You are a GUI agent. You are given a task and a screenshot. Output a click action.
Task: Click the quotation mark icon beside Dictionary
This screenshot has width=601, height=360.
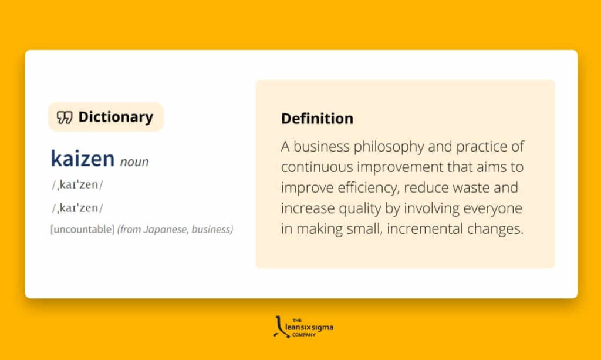(x=65, y=117)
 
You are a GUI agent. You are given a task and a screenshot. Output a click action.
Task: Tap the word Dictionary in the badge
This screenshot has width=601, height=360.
(x=116, y=117)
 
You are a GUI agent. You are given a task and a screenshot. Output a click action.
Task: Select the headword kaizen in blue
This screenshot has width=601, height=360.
(x=82, y=158)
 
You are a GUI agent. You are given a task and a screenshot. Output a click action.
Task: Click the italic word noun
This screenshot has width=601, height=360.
(x=134, y=162)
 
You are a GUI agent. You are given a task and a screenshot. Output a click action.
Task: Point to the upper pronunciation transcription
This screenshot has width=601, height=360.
(x=77, y=185)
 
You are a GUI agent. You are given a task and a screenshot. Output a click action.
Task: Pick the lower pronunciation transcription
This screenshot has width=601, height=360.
(x=77, y=208)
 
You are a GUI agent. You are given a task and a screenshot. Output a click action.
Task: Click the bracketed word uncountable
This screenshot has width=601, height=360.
(x=82, y=230)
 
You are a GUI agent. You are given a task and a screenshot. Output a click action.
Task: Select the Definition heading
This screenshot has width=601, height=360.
(x=317, y=119)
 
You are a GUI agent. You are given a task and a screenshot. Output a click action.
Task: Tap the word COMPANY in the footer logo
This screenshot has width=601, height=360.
(x=304, y=335)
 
